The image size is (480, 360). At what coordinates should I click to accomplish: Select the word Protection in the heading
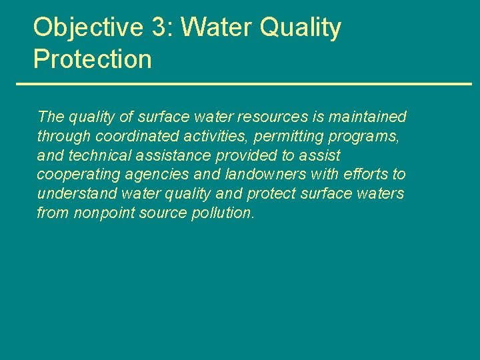coord(93,59)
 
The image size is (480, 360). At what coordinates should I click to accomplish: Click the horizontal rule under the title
coord(243,84)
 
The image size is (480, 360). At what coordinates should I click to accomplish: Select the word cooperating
coord(75,175)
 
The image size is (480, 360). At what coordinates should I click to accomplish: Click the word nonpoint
coord(102,213)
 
